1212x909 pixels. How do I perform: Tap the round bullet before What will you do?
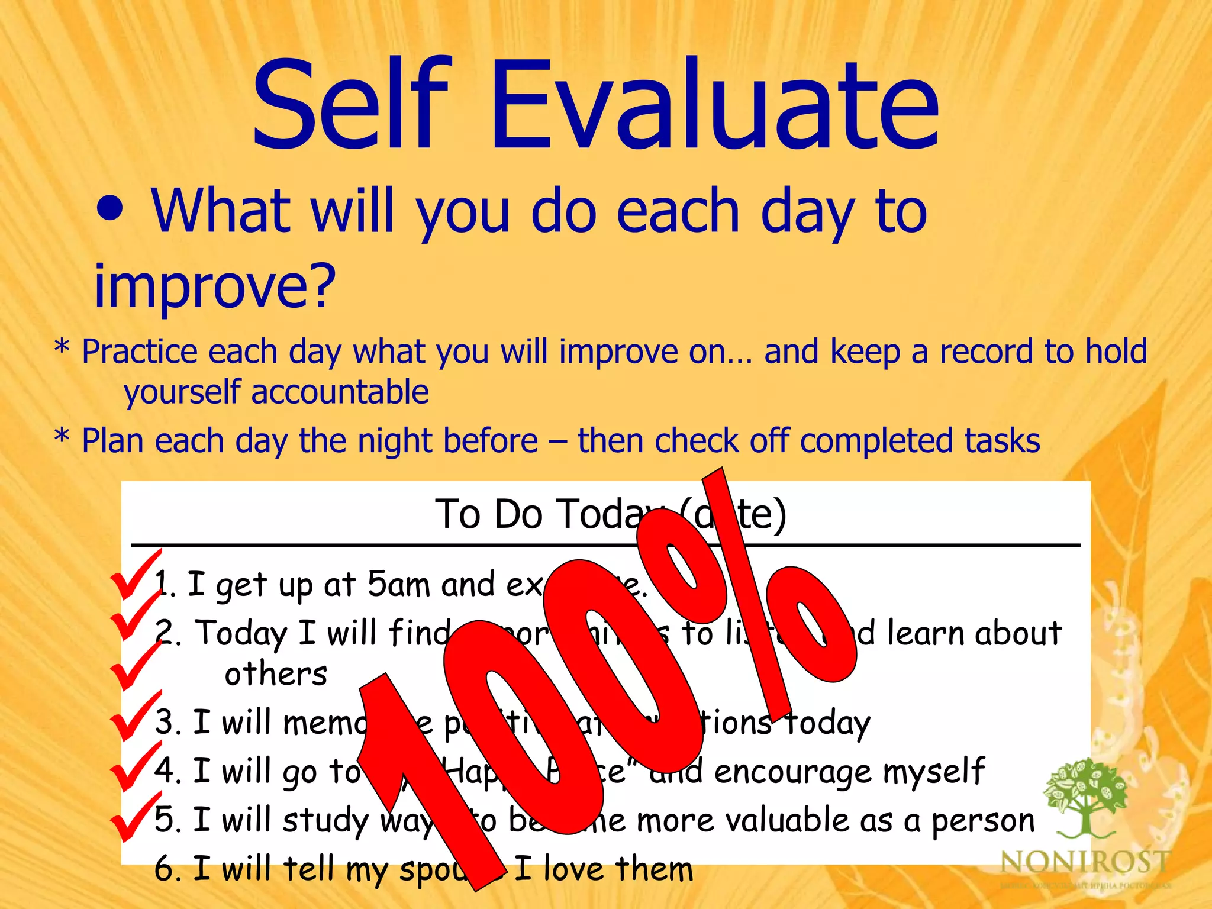tap(111, 210)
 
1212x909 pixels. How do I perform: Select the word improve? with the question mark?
tap(215, 286)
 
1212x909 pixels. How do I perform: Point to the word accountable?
tap(340, 392)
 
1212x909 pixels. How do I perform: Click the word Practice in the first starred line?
tap(140, 352)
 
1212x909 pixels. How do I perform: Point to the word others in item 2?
tap(276, 674)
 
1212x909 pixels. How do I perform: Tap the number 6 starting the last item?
tap(164, 869)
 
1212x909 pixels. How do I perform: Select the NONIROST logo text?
tap(1085, 862)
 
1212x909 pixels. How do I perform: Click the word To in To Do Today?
tap(457, 514)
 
